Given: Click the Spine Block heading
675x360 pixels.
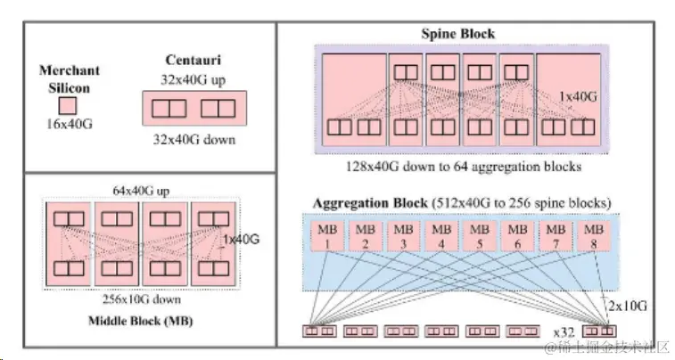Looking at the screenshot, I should (458, 34).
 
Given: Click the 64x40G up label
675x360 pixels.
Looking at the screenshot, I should (142, 190).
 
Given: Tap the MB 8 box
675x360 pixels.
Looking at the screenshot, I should (592, 236).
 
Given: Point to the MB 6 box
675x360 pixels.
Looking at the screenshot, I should (515, 236).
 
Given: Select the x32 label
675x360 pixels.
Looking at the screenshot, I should (563, 331).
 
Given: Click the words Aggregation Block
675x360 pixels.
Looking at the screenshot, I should (368, 201).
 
